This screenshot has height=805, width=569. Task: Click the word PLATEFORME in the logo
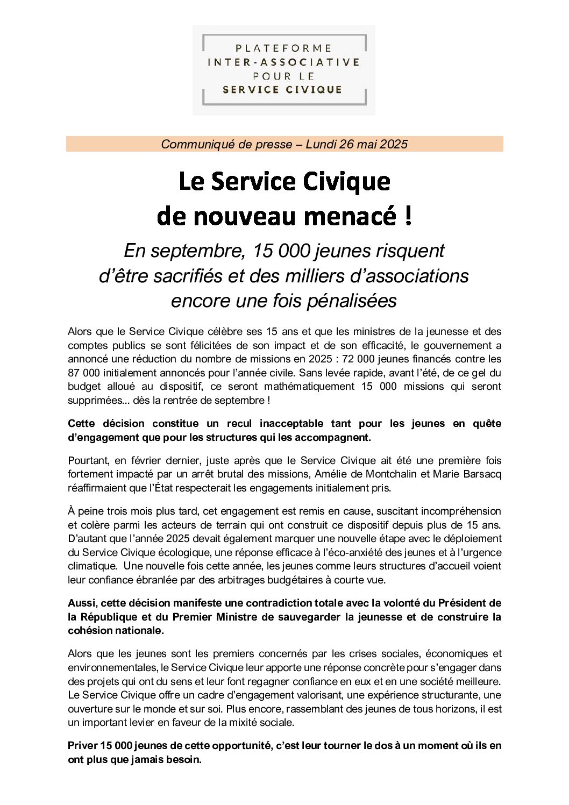pos(283,48)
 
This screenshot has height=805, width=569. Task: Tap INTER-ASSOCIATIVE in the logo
pos(283,62)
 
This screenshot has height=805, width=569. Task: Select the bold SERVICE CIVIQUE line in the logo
pos(283,89)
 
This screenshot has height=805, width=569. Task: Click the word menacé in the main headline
pos(350,216)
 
